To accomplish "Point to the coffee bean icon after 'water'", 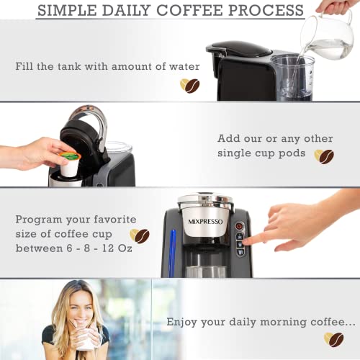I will (189, 85).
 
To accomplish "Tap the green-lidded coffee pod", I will (69, 155).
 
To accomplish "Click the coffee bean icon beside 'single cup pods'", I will (323, 156).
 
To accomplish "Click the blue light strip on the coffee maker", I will (171, 253).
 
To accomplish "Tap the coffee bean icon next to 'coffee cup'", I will (139, 235).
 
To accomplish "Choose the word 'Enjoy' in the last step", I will (183, 322).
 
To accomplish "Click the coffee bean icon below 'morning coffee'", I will (333, 338).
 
